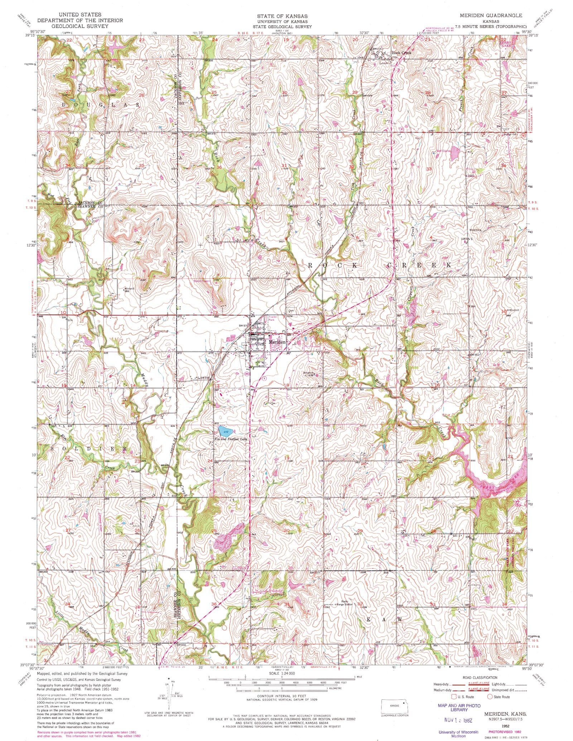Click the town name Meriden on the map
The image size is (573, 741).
[278, 342]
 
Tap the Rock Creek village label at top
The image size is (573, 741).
[402, 52]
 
